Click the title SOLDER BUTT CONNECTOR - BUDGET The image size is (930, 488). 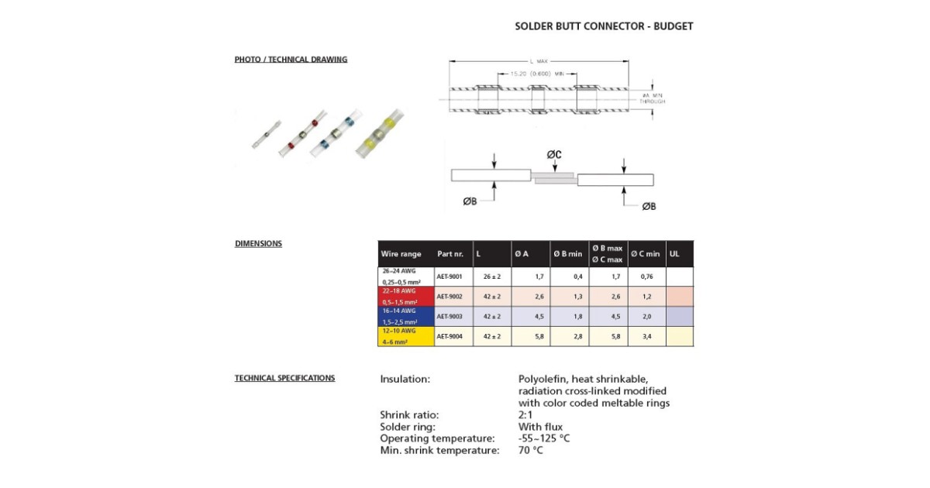604,26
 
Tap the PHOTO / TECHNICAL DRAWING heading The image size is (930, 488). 291,60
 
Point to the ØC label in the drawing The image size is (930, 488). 553,155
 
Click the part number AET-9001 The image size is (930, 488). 449,277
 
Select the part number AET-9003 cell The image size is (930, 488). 449,317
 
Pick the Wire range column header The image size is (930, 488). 401,254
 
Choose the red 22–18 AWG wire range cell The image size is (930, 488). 406,297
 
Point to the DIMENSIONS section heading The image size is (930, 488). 258,244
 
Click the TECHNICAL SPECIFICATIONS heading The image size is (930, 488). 284,379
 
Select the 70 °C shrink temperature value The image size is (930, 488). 531,451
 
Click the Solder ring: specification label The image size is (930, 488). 408,427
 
